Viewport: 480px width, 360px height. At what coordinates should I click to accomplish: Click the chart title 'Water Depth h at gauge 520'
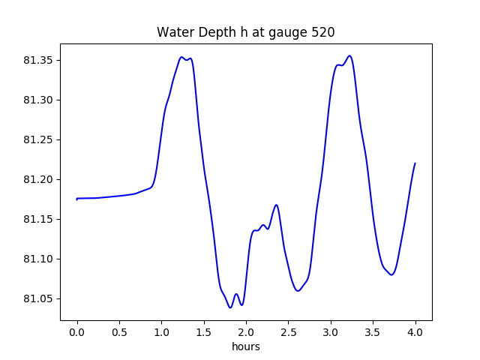pos(245,33)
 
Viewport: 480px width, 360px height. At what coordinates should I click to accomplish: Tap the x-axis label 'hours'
pos(246,347)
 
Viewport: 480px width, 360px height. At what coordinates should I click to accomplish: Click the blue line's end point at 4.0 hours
pos(415,163)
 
